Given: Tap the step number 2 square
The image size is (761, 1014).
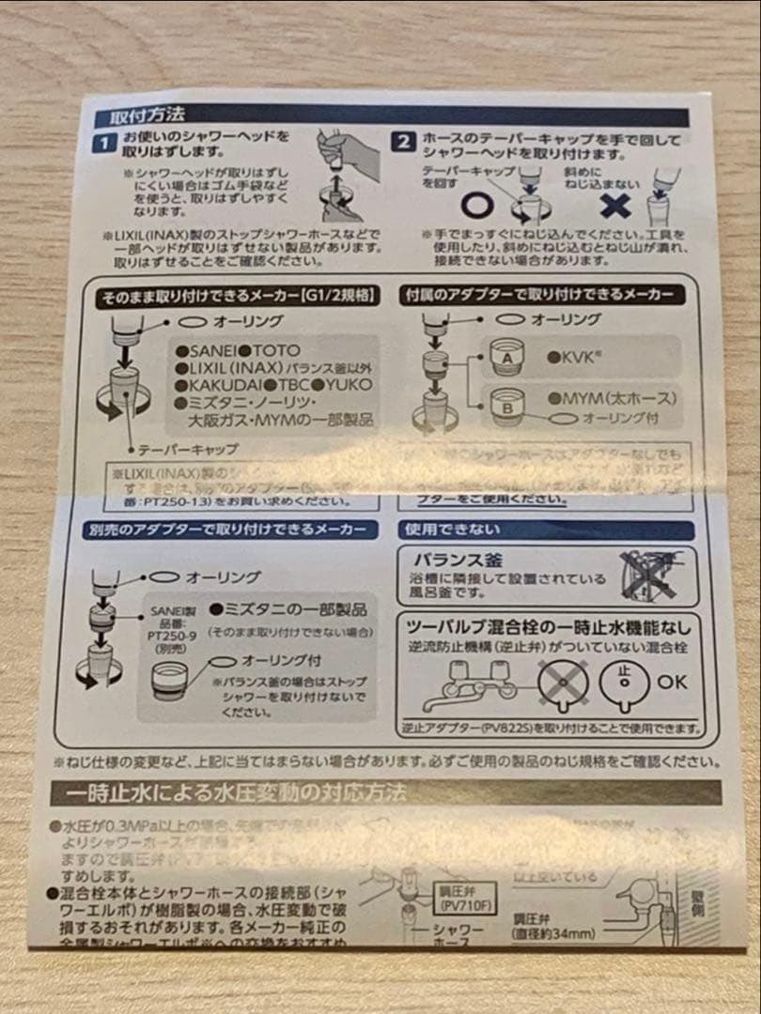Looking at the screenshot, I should pos(401,143).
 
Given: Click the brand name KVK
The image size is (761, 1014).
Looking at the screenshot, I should pos(573,359).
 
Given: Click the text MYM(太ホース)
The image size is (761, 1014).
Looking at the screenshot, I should pos(613,399).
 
